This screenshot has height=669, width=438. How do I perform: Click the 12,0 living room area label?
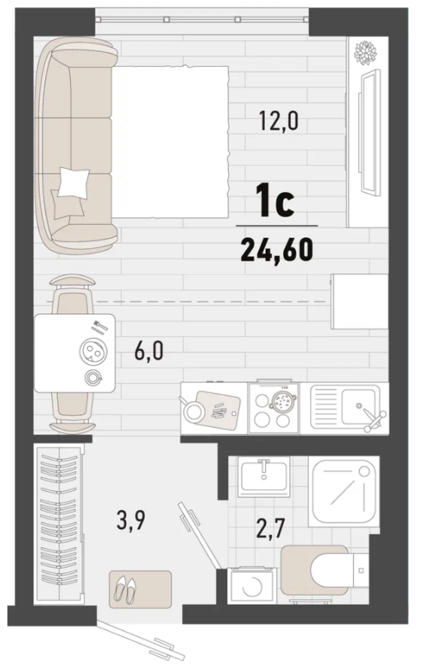pos(278,120)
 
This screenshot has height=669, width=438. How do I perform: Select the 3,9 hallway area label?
pos(131,520)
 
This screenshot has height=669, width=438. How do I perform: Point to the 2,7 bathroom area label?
pos(270,528)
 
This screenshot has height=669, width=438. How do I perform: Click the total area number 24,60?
pos(277,250)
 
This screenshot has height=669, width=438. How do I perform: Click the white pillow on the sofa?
pos(74,182)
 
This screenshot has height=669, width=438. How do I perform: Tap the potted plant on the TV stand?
pos(366,53)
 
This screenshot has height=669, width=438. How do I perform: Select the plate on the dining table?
pos(93,353)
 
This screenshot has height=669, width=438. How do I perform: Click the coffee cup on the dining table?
pos(93,377)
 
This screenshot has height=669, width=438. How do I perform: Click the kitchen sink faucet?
pos(373,419)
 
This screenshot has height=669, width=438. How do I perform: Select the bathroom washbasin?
pos(264,476)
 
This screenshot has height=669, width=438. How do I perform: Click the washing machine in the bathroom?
pos(252,586)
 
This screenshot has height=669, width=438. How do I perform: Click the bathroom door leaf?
pos(198,535)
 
